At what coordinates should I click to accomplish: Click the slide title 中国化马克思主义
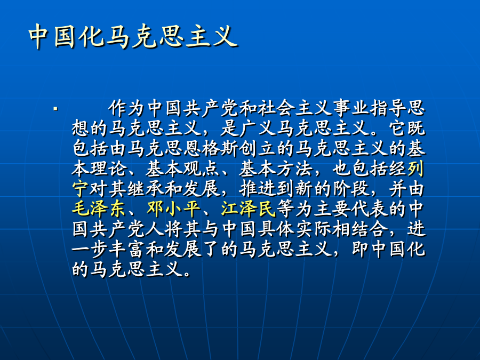[133, 36]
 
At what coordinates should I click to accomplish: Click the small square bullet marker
[55, 108]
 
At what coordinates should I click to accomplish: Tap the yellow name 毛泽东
[99, 209]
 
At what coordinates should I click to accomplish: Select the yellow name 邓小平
[173, 209]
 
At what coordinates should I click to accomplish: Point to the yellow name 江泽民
[248, 209]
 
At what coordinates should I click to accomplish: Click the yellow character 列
[416, 169]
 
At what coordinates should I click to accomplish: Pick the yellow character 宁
[81, 189]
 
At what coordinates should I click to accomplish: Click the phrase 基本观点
[183, 169]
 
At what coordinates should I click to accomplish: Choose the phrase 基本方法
[276, 169]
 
